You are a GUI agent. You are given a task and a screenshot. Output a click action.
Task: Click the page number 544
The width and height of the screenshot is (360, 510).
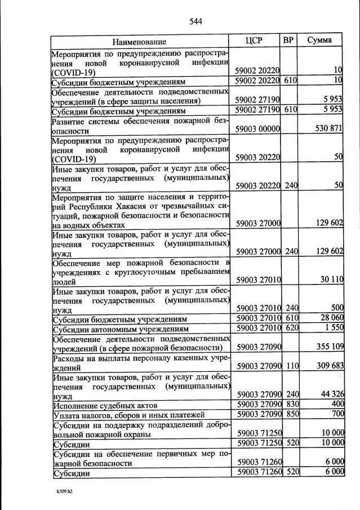pyautogui.click(x=195, y=22)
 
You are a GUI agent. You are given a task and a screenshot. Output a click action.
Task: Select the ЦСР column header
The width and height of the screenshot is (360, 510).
pyautogui.click(x=256, y=41)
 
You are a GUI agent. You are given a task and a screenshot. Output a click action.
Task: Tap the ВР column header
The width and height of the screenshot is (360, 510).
pyautogui.click(x=289, y=41)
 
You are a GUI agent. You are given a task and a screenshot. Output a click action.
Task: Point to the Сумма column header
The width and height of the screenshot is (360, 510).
pyautogui.click(x=319, y=41)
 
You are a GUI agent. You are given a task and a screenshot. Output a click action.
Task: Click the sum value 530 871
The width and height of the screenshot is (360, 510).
pyautogui.click(x=329, y=129)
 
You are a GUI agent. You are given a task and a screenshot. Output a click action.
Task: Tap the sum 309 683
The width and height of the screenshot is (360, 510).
pyautogui.click(x=329, y=366)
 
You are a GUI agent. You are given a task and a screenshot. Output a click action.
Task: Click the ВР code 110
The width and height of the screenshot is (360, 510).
pyautogui.click(x=291, y=366)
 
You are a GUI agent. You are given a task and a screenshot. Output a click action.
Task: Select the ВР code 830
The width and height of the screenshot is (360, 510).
pyautogui.click(x=291, y=405)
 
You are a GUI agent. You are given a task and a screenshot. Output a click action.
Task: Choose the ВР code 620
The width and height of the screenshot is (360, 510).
pyautogui.click(x=291, y=328)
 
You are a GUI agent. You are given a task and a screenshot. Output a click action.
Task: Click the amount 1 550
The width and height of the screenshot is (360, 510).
pyautogui.click(x=333, y=328)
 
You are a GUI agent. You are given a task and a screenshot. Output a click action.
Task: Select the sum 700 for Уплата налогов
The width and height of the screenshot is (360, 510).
pyautogui.click(x=336, y=415)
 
